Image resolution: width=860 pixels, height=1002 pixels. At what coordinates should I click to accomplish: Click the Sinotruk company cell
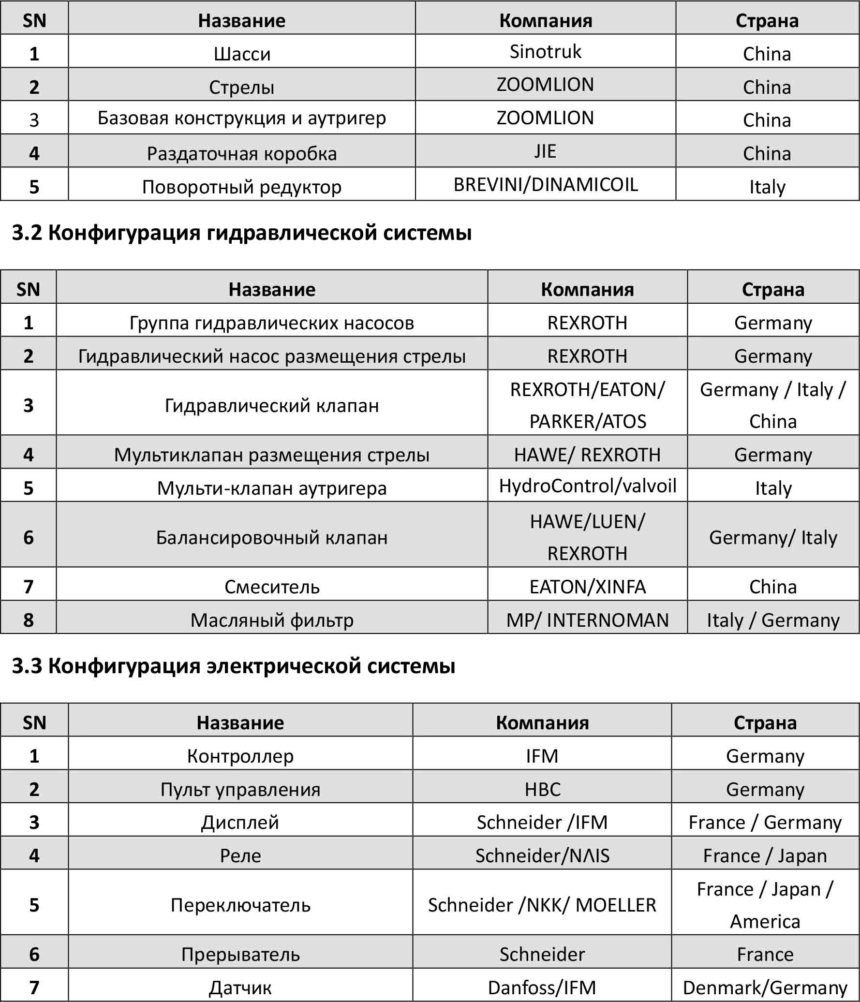coord(545,52)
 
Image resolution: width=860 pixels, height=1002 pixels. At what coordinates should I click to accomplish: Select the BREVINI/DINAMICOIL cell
coord(545,185)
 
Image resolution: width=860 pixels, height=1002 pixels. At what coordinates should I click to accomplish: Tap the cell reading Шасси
coord(242,54)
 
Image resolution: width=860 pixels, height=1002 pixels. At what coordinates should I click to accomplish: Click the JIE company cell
coord(545,151)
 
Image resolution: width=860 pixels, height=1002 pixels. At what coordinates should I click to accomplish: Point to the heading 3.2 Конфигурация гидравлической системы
coord(242,233)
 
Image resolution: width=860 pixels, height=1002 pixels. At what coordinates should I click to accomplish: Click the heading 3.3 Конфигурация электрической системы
coord(234,666)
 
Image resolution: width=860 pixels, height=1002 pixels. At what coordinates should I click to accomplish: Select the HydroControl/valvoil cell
coord(587,486)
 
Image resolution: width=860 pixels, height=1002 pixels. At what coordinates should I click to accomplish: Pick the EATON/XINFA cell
coord(587,587)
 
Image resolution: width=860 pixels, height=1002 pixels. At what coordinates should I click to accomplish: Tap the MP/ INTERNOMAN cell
coord(587,620)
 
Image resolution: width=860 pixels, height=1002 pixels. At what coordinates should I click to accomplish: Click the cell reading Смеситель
coord(272,587)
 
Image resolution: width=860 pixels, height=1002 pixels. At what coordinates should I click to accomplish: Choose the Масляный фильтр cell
coord(272,620)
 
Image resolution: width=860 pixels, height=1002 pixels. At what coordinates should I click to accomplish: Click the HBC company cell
coord(542,789)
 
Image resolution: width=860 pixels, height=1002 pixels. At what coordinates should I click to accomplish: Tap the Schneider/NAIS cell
coord(542,855)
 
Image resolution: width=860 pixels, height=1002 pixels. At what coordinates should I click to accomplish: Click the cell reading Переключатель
coord(240,905)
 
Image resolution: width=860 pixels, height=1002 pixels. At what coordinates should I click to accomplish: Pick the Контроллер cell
coord(240,756)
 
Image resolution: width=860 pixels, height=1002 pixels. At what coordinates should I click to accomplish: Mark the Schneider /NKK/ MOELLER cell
coord(542,905)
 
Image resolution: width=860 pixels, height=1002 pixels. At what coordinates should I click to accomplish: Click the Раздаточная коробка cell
coord(242,154)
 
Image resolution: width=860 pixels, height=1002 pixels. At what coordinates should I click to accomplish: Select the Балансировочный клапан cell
coord(272,537)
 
